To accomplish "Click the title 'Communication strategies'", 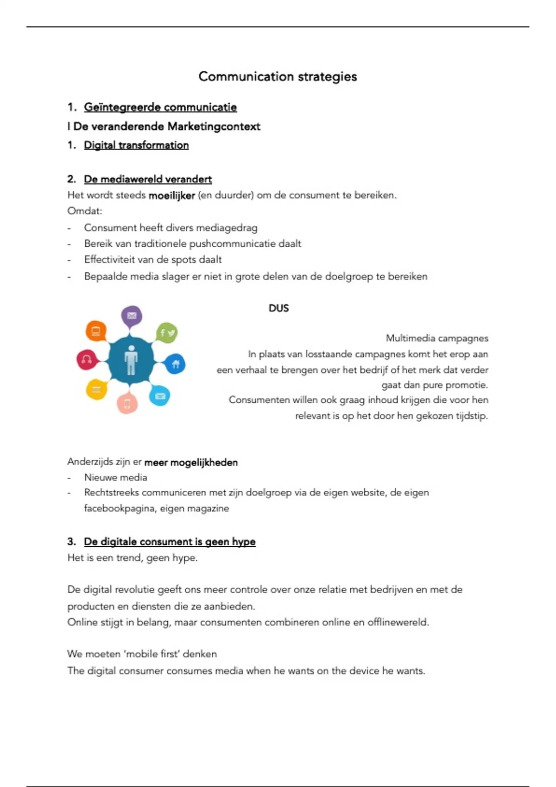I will click(278, 76).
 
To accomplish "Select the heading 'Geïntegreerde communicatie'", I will click(160, 107).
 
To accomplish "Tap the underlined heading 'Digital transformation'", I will click(136, 145).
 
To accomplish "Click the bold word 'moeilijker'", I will click(171, 196).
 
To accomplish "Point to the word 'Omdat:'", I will click(85, 211).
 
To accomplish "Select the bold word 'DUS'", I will click(278, 308).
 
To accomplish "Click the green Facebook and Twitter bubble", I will click(167, 332).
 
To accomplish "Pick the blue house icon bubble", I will click(175, 364).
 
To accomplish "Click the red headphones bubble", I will click(87, 359).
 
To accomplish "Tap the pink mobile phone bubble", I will click(127, 403).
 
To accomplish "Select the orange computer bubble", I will click(96, 331).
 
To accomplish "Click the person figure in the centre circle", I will click(131, 360).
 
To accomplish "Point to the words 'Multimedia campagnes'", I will click(437, 338).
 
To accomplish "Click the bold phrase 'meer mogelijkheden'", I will click(191, 462).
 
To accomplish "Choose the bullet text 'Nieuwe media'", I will click(115, 477).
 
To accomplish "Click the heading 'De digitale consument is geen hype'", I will click(170, 542).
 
